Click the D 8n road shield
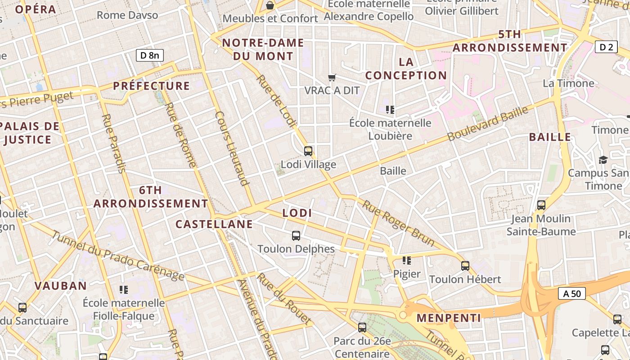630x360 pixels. coord(149,55)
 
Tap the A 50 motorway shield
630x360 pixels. coord(572,294)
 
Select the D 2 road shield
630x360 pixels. coord(606,47)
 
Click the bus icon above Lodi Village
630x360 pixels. coord(308,151)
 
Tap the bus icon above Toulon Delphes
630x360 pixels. coord(296,236)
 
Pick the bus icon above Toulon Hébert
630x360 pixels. coord(465,266)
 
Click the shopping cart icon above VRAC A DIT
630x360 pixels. coord(332,77)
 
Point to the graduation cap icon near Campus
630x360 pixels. coord(603,160)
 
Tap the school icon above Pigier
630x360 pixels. coord(407,261)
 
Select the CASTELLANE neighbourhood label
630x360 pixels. coord(214,224)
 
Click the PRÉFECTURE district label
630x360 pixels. coord(151,86)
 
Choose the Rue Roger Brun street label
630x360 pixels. coord(399,224)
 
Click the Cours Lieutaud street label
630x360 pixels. coord(232,148)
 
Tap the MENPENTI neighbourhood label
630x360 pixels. coord(449,318)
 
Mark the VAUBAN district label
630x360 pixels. coord(61,286)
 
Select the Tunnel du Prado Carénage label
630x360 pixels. coord(117,256)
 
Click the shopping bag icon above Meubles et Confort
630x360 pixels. coord(270,5)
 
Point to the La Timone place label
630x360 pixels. coord(568,83)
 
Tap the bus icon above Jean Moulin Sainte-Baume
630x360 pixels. coord(541,205)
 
